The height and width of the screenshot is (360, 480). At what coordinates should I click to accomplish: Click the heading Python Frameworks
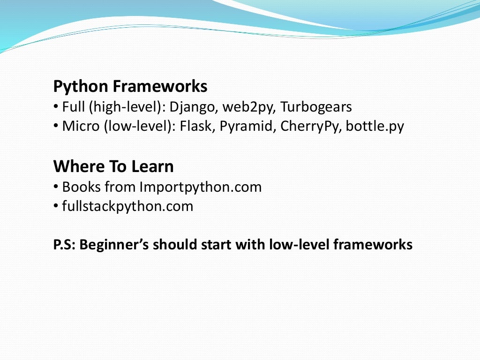[130, 87]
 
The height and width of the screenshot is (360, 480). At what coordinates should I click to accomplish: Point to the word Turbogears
[316, 107]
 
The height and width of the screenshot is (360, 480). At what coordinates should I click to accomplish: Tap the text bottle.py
[375, 127]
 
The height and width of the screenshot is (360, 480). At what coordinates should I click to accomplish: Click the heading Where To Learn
[113, 166]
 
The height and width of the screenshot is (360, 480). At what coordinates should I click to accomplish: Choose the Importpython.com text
[200, 187]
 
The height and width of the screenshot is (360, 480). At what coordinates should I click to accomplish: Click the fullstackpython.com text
[127, 206]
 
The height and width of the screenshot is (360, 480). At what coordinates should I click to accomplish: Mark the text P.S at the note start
[64, 245]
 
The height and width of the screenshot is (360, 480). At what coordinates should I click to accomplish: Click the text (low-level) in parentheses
[141, 127]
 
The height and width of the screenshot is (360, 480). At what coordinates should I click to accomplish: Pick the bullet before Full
[56, 107]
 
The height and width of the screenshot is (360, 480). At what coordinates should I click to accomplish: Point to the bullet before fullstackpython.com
[56, 206]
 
